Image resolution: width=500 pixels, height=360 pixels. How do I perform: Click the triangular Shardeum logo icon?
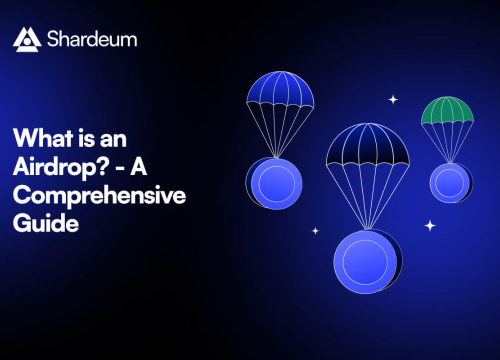pos(27,39)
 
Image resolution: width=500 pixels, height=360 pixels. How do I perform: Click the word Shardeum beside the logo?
pos(92,39)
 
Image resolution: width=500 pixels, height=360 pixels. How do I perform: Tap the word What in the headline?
pos(43,138)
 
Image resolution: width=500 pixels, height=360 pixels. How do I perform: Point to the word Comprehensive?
pos(99,195)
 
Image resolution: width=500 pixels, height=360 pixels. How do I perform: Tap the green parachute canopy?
pos(447,110)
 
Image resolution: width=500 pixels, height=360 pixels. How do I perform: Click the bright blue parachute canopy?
pos(280,88)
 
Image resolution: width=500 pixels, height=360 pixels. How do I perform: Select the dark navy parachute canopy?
pos(367,144)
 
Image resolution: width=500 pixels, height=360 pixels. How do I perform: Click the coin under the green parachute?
pos(451,183)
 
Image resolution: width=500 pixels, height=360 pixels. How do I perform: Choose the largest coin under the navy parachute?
pos(367,261)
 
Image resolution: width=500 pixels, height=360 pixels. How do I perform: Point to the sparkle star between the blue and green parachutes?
pos(393,99)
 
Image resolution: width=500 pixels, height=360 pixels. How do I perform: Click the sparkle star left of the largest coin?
pos(315,230)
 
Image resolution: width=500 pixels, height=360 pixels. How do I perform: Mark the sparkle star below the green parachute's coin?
pos(430,225)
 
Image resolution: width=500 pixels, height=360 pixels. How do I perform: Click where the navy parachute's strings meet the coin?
pos(368,229)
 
